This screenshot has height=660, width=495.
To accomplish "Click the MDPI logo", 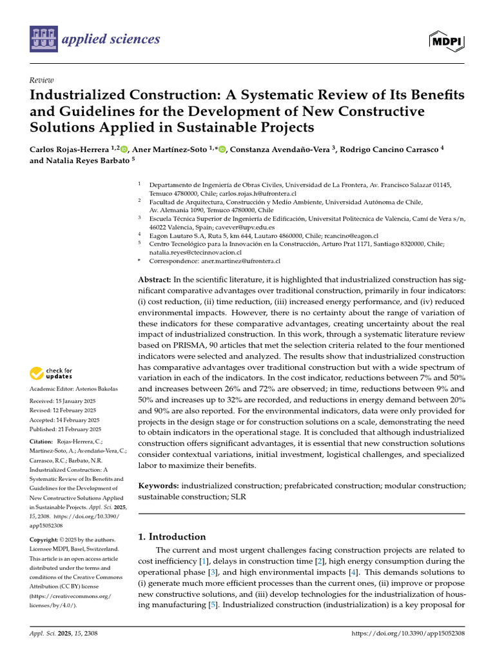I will (446, 41).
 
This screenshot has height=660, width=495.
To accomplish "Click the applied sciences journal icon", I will (43, 39).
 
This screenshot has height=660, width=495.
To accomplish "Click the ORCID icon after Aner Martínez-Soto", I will (222, 150).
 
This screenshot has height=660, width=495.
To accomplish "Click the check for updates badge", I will (51, 373).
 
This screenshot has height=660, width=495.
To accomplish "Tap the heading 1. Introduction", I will (172, 536).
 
